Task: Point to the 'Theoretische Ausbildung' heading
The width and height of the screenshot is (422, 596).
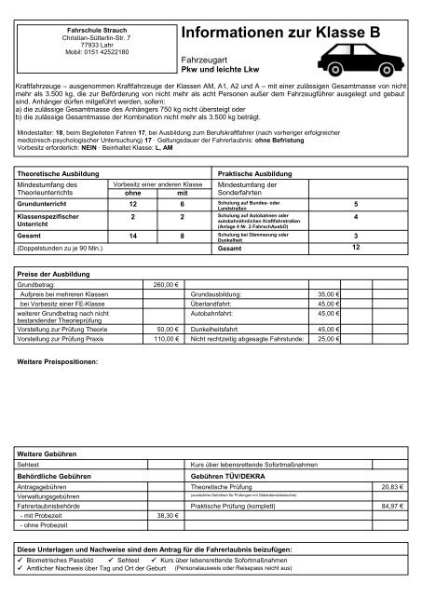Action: tap(60, 174)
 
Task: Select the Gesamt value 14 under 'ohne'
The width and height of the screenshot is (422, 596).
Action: tap(133, 237)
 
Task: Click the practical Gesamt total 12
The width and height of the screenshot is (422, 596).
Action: tap(355, 250)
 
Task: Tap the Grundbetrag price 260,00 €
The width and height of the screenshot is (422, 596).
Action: tap(163, 283)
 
